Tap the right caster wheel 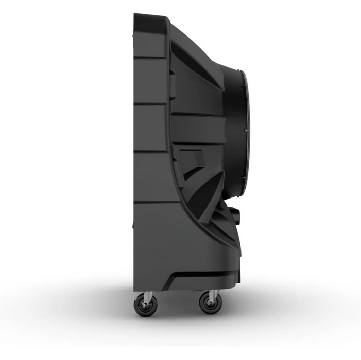tap(211, 303)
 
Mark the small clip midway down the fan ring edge tap(246, 131)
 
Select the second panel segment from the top tap(149, 80)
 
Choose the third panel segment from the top tap(149, 128)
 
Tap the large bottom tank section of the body tap(170, 242)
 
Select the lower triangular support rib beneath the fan tap(206, 190)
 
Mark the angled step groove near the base tap(196, 278)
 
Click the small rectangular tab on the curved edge tap(173, 85)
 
